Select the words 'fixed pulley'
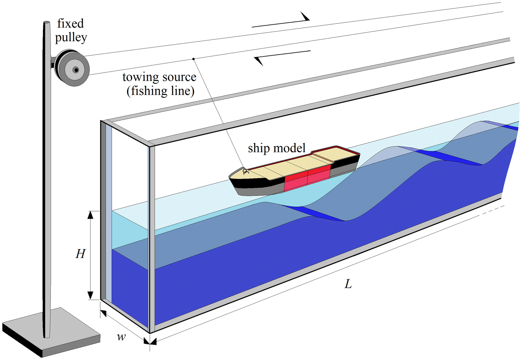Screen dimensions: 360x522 [x=71, y=30]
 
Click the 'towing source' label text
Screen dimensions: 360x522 [x=159, y=77]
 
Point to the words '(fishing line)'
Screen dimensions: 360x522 [x=160, y=91]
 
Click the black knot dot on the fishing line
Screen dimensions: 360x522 [x=193, y=59]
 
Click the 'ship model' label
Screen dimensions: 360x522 [x=277, y=148]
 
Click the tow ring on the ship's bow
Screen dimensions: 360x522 [x=245, y=171]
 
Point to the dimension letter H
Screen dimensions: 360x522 [x=80, y=254]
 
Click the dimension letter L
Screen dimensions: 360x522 [x=348, y=285]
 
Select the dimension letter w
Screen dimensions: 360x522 [x=121, y=337]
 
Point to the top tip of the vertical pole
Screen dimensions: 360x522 [x=46, y=23]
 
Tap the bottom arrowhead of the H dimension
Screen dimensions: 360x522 [x=90, y=295]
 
